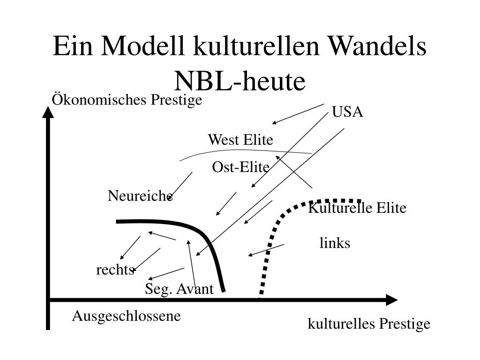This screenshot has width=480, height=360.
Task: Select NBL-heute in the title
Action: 240,81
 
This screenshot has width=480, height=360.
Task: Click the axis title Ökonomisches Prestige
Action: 127,100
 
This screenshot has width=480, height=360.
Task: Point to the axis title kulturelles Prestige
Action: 368,324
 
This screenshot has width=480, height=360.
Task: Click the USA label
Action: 347,112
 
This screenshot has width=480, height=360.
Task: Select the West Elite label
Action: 240,140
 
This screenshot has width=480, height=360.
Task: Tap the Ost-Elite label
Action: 240,167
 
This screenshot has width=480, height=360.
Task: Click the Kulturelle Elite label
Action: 357,208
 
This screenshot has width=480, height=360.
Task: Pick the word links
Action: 335,243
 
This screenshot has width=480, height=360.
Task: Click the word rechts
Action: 115,270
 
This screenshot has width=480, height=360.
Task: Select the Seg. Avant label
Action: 179,289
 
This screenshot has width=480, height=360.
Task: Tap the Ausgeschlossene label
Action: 126,316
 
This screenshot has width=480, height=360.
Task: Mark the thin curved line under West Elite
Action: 244,151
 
